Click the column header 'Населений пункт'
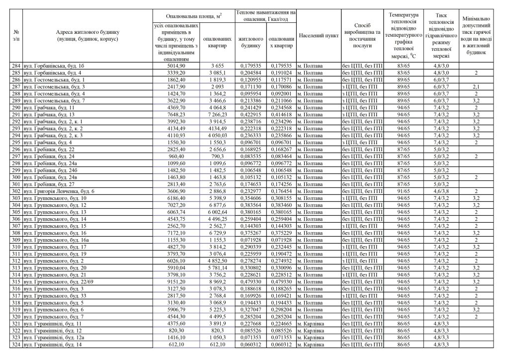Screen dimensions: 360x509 click(319, 36)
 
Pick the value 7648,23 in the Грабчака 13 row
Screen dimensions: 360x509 click(176, 114)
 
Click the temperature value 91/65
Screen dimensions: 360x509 click(404, 191)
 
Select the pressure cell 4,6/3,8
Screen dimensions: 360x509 click(441, 191)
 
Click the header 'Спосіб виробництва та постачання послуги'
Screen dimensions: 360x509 click(362, 36)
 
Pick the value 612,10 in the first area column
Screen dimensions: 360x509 click(176, 344)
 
